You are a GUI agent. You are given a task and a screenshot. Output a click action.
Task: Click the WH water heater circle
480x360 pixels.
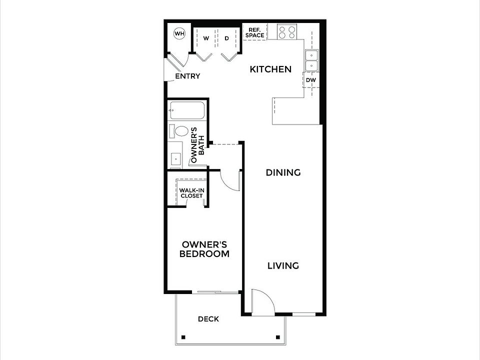tap(179, 34)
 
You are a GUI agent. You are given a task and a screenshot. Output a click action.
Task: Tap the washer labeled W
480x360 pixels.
tap(205, 38)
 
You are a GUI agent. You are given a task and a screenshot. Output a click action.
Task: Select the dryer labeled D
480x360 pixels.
tap(226, 38)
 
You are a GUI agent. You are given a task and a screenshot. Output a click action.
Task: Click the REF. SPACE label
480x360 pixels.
tap(254, 32)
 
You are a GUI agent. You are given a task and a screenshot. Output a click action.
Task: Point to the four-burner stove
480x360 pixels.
tap(287, 32)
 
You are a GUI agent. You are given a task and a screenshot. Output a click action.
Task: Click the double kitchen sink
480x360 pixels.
tap(311, 60)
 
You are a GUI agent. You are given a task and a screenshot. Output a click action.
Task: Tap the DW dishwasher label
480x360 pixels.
tap(310, 80)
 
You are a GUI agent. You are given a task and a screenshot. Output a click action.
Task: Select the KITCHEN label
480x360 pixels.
tap(270, 69)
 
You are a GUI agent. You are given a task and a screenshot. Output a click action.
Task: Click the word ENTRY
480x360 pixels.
tap(187, 76)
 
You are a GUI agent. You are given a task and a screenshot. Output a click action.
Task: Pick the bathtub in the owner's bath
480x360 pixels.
tap(187, 110)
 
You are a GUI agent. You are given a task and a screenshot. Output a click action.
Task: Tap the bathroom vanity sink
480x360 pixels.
tap(176, 157)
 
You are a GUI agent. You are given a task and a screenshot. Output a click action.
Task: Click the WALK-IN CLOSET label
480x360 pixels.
tap(191, 193)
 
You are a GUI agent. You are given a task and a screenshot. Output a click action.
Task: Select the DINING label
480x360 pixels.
tap(283, 172)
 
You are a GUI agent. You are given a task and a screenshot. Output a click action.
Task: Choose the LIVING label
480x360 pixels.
tap(283, 265)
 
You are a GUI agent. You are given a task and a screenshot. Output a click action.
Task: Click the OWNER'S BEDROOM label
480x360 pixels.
tap(205, 249)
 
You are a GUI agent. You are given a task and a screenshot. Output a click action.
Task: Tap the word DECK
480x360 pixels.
tap(208, 319)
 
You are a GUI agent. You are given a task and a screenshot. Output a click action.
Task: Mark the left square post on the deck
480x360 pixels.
tap(183, 336)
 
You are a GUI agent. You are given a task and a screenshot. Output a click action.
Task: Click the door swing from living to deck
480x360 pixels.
tap(262, 302)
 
